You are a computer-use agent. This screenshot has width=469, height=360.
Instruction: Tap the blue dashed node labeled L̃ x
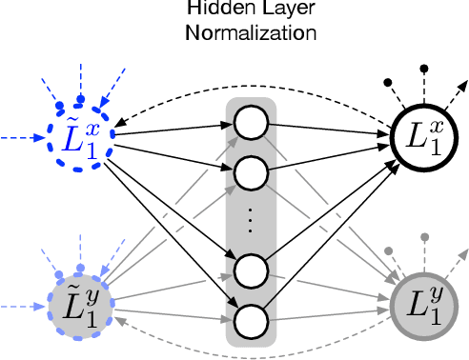click(x=78, y=142)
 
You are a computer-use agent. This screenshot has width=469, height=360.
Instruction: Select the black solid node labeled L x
click(x=422, y=144)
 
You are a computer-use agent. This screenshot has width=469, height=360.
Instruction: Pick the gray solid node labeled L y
click(x=422, y=306)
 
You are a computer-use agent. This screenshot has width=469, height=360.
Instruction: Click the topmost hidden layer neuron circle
click(x=251, y=122)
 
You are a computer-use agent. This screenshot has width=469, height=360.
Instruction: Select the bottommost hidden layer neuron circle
click(x=251, y=318)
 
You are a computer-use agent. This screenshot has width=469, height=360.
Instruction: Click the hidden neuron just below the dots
click(x=251, y=270)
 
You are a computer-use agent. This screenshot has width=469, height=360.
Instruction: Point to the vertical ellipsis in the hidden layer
click(x=251, y=221)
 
